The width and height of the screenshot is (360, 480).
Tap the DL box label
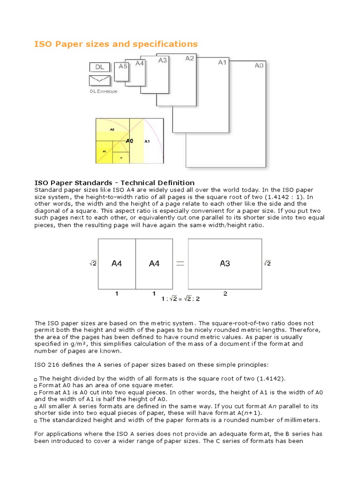pyautogui.click(x=99, y=67)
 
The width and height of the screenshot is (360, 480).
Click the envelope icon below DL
pyautogui.click(x=99, y=80)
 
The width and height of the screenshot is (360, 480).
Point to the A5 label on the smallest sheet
pyautogui.click(x=123, y=66)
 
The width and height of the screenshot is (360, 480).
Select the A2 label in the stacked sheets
pyautogui.click(x=189, y=59)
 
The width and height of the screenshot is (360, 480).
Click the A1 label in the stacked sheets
pyautogui.click(x=222, y=62)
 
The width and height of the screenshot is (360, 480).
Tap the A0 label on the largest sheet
pyautogui.click(x=259, y=66)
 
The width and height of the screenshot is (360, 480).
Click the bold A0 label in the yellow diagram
pyautogui.click(x=130, y=140)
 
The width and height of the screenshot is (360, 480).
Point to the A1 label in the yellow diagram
pyautogui.click(x=147, y=141)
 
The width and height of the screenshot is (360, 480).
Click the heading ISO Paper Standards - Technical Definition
pyautogui.click(x=115, y=183)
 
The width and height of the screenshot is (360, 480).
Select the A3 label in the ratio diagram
pyautogui.click(x=225, y=263)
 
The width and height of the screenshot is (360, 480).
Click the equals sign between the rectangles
pyautogui.click(x=179, y=263)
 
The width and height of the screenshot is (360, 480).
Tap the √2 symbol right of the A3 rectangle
pyautogui.click(x=267, y=263)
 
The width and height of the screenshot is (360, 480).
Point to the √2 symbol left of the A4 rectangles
pyautogui.click(x=93, y=263)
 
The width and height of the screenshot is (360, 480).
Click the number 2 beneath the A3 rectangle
pyautogui.click(x=225, y=293)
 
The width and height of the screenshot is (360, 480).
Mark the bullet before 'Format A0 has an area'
pyautogui.click(x=37, y=385)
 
